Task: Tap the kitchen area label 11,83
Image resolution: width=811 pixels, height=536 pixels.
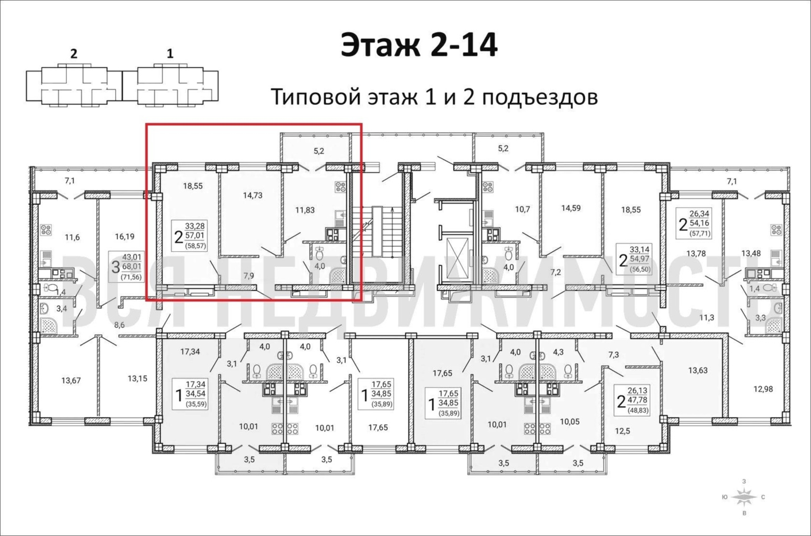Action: [305, 210]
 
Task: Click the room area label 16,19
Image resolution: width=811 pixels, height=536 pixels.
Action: [124, 236]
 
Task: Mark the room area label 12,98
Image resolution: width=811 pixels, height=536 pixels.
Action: [763, 389]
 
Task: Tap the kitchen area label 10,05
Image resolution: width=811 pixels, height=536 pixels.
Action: [570, 422]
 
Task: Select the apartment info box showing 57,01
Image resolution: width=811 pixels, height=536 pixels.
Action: [190, 236]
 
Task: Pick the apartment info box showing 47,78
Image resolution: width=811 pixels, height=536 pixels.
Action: [632, 400]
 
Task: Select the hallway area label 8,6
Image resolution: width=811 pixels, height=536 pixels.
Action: [119, 325]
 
